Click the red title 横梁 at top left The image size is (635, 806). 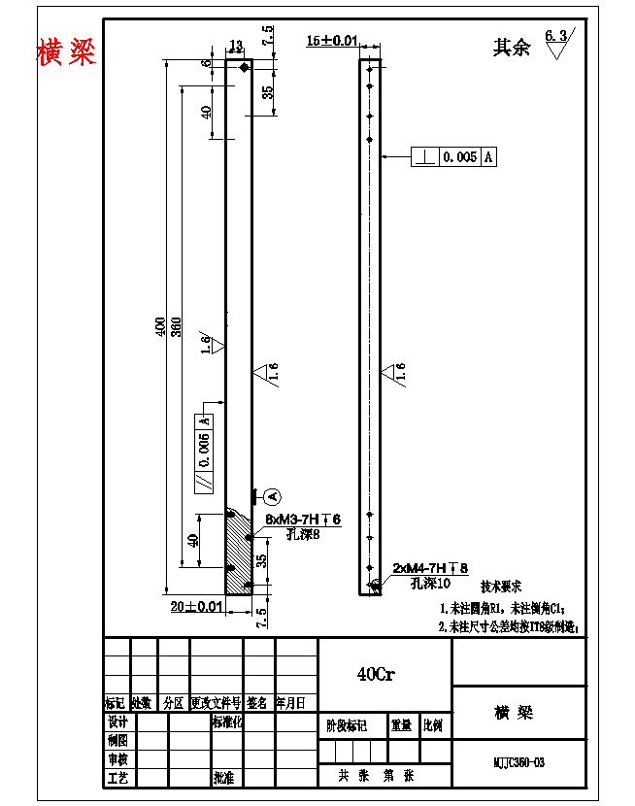point(67,51)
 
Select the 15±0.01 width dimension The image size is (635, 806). point(332,41)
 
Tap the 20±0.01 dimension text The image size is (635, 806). point(197,606)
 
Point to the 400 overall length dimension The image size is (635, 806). point(161,328)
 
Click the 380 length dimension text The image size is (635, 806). point(176,328)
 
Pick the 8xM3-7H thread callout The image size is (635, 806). point(303,521)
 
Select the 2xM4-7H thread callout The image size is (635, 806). point(430,567)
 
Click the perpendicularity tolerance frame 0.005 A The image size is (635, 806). point(454,156)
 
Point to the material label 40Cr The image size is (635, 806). point(375,674)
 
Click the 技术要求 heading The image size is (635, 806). point(501,588)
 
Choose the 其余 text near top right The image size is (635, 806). point(512,48)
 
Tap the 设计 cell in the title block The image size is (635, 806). point(117,722)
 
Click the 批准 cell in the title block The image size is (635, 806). point(224,778)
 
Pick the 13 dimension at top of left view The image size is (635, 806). point(235,46)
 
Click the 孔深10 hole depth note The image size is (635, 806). point(431,584)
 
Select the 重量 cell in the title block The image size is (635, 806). point(401,724)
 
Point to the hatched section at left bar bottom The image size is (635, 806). point(237,554)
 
